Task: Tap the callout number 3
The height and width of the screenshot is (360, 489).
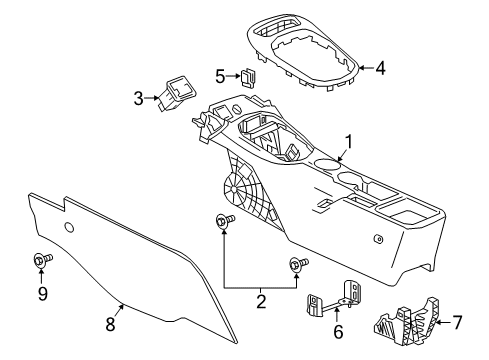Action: click(x=140, y=98)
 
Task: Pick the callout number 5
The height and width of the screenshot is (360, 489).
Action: click(x=220, y=74)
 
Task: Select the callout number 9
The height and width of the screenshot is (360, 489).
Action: click(x=41, y=294)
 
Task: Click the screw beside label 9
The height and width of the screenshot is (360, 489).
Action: click(x=41, y=261)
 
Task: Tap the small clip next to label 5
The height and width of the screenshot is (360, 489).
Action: click(x=247, y=74)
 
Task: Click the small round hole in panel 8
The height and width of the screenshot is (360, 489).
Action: click(x=69, y=228)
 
